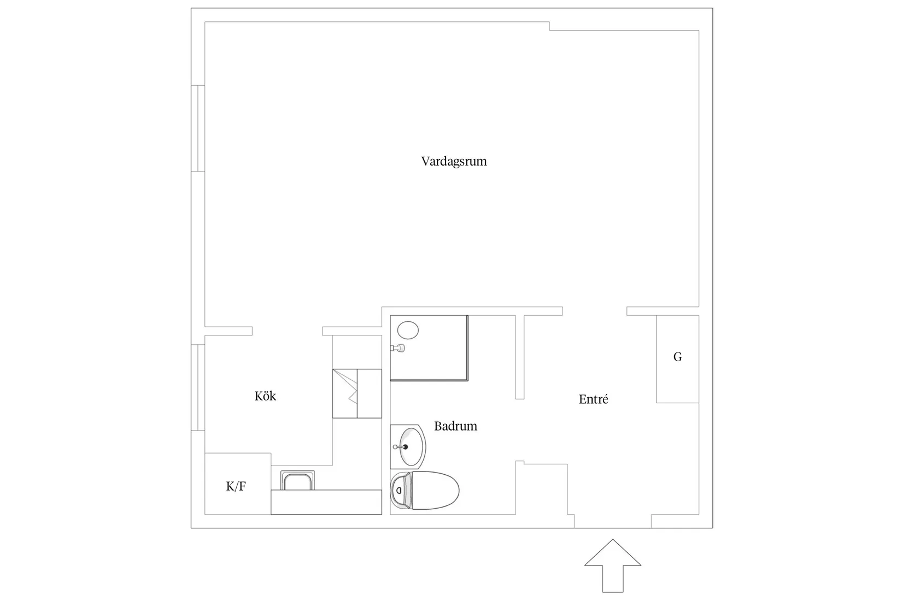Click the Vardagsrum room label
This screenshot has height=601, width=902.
coord(454,162)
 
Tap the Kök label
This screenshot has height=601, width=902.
coord(265,396)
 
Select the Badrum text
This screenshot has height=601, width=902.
coord(455,426)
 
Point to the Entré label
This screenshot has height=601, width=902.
coord(593,399)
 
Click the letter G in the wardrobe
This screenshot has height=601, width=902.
coord(677,357)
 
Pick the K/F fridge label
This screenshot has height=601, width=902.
coord(236,486)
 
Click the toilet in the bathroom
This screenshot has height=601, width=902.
coord(432,490)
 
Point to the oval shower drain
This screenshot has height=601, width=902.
coord(408,330)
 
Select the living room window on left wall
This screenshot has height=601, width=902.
coord(198,128)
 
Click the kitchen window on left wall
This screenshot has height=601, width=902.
coord(198,387)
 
